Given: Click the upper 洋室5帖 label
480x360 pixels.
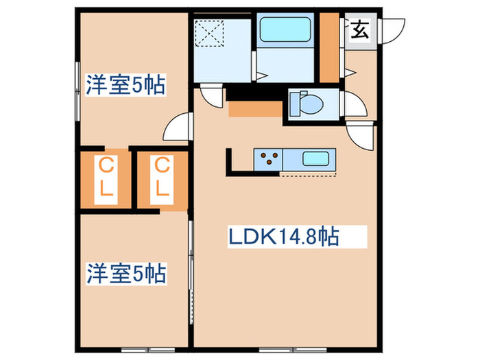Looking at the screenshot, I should tap(125, 86).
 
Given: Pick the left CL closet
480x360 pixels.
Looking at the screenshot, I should tap(106, 177).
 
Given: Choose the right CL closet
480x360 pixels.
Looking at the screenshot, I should tap(161, 177).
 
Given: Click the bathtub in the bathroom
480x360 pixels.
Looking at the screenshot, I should tap(285, 30).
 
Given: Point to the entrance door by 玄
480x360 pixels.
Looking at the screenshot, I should tap(388, 29).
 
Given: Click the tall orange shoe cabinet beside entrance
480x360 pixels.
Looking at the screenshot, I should tap(331, 48).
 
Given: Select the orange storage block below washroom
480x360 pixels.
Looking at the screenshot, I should tap(254, 109).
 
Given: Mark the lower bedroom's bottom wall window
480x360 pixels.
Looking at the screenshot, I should tap(134, 350).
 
